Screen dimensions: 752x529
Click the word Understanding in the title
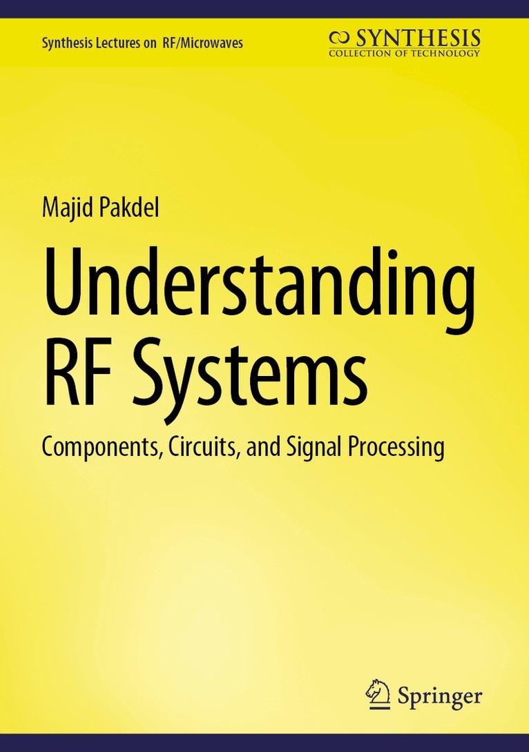(x=259, y=285)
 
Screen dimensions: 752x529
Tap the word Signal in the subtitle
(x=305, y=447)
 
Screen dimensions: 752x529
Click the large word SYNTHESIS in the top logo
(x=417, y=37)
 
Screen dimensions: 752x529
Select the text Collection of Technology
(x=404, y=53)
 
